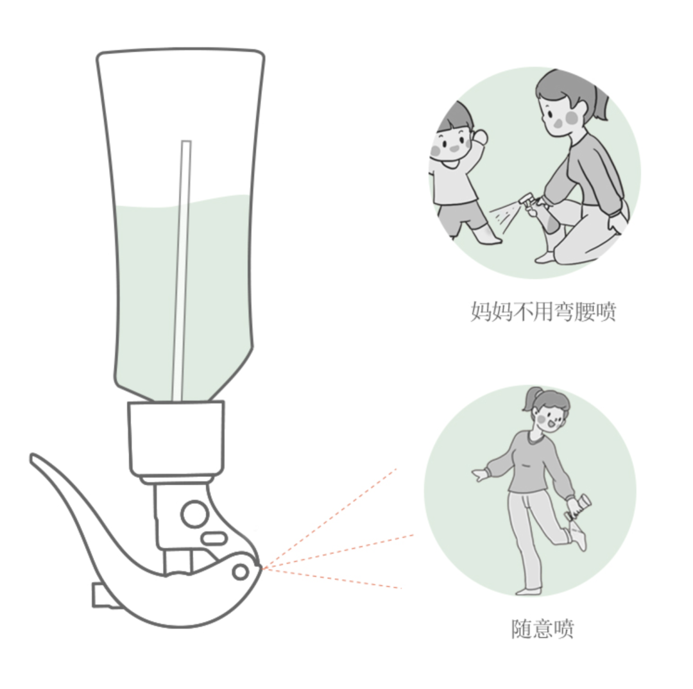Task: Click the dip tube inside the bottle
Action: point(182,269)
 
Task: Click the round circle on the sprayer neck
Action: point(194,513)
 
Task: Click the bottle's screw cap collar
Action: point(176,436)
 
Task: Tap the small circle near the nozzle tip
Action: point(241,570)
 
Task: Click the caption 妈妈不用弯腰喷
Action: point(543,312)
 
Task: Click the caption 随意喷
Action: point(542,629)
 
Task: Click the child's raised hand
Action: point(479,137)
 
